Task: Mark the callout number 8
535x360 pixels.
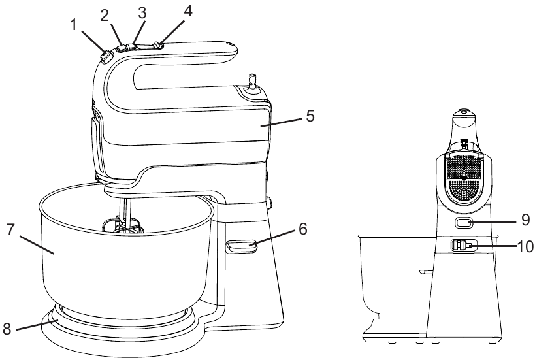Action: (8, 329)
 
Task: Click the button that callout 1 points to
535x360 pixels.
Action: (105, 57)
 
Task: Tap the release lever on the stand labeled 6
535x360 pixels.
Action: (240, 246)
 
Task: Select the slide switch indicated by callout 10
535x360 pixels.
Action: (462, 246)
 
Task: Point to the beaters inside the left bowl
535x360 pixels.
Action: (122, 225)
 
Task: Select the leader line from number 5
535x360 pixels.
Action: (280, 121)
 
